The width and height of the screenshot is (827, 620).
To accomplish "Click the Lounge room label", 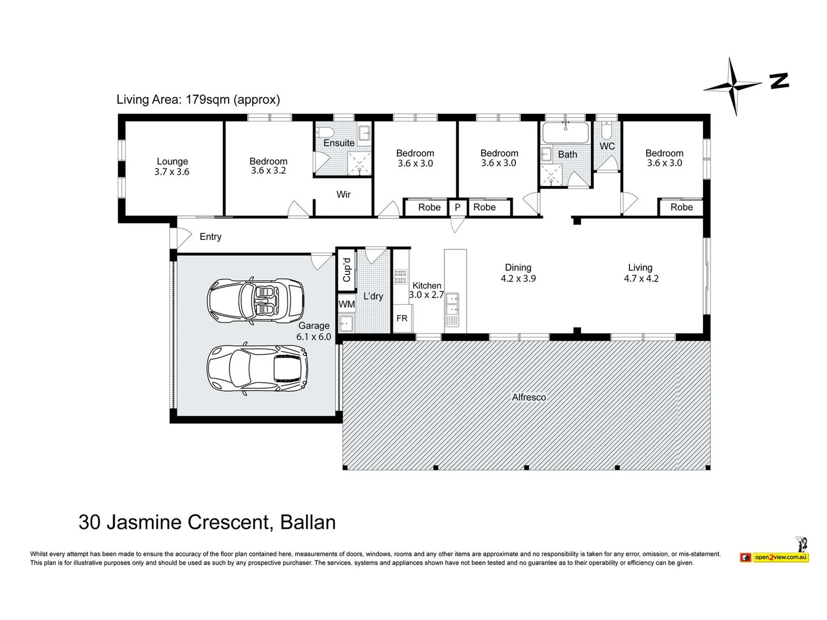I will point(172,162).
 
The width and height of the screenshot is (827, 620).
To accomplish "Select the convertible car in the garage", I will point(255,300).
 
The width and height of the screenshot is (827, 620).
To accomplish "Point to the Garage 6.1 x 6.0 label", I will point(314,331).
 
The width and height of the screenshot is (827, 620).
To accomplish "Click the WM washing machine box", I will point(346,304).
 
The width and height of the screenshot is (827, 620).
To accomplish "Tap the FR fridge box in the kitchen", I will point(402,318).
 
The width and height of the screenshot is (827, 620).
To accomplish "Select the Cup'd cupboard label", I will point(346,269).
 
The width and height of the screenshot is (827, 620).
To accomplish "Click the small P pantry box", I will point(457,207).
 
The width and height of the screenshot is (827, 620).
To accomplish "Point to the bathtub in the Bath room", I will point(566,133).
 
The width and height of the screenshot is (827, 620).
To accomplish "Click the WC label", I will point(607,146).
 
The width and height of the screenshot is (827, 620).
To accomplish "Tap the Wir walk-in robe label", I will point(343,195).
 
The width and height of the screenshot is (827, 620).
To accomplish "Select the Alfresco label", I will point(529,397).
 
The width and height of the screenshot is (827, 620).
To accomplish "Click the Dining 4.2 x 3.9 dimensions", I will point(518,278).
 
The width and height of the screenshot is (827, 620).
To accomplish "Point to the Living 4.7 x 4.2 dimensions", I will point(641,278).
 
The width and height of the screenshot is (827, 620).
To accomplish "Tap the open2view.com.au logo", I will point(775,556).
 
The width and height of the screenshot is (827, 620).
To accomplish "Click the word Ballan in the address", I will point(308,522).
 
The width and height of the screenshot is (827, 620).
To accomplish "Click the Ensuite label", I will point(339,143).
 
